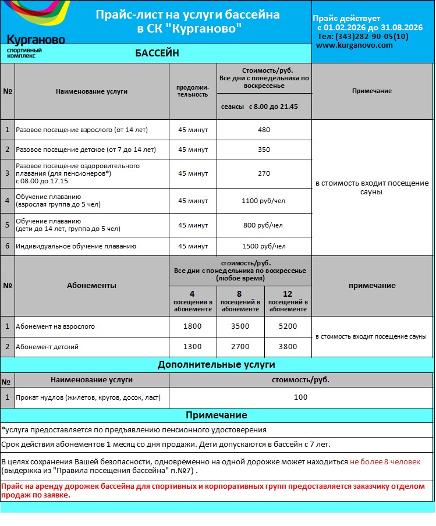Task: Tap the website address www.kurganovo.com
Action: [x=355, y=45]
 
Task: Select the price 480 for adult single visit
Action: [x=264, y=130]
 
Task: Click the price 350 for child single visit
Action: [x=264, y=150]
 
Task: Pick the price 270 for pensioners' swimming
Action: [x=264, y=173]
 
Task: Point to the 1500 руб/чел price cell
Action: [x=264, y=246]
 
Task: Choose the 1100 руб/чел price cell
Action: [x=264, y=201]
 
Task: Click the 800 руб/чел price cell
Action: [x=264, y=225]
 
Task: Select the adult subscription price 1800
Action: [x=192, y=326]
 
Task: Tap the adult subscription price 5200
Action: [x=288, y=326]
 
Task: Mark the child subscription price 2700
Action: [x=240, y=347]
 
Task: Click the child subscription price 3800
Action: [x=288, y=347]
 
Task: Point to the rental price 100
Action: [x=300, y=397]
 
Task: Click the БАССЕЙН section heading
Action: [x=157, y=54]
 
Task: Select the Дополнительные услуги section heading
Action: [x=217, y=365]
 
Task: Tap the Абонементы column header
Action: [x=91, y=286]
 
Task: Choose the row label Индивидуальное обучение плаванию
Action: [x=76, y=246]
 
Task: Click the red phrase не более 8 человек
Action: [x=385, y=462]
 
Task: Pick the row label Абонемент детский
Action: [x=47, y=347]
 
